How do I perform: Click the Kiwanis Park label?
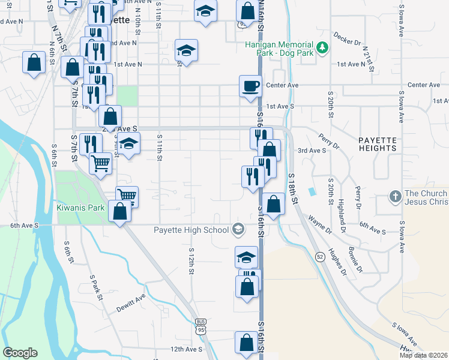point(81,208)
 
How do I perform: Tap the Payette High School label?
point(191,229)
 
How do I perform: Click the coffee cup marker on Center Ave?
point(250,85)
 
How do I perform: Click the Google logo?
point(20,353)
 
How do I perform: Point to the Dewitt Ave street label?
point(131,298)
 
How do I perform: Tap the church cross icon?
point(395,196)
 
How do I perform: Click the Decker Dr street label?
point(348,39)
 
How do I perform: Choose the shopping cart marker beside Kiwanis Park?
point(127,196)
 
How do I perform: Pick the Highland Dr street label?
point(342,215)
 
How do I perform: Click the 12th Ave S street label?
point(186,349)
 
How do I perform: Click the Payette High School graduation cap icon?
point(238,229)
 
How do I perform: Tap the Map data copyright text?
point(424,355)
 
